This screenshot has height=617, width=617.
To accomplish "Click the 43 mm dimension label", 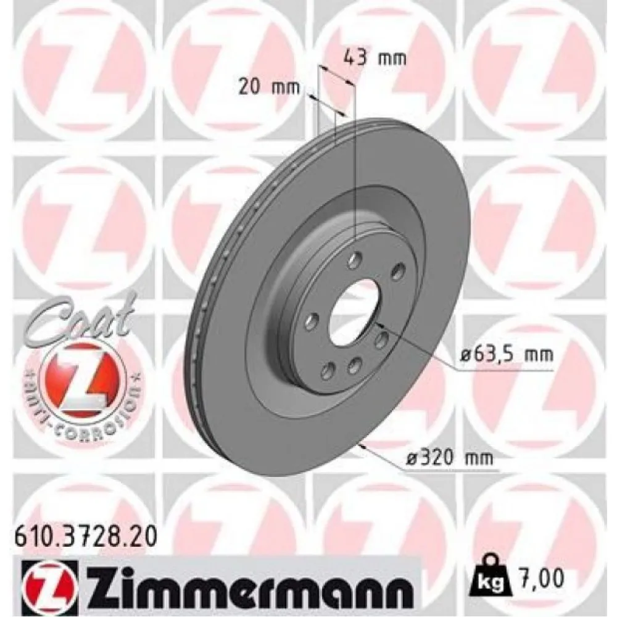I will (x=374, y=58).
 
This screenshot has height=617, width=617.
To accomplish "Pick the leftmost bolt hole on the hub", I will (x=312, y=320).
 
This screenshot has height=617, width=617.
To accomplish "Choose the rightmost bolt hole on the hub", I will (x=398, y=270).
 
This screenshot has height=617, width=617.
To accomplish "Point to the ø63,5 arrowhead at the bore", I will (x=378, y=324).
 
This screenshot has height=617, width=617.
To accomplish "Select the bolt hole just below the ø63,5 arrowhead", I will (x=381, y=338).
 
